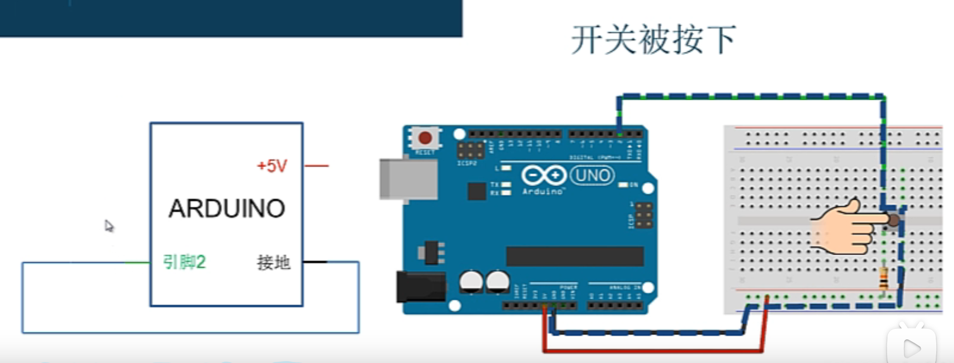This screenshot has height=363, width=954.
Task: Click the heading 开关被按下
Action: point(653,40)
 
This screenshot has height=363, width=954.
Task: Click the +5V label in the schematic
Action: point(272,166)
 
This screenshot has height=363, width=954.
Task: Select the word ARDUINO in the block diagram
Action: point(227,209)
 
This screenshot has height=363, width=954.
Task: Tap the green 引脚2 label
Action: point(184,262)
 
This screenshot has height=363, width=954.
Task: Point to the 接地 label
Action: point(273,262)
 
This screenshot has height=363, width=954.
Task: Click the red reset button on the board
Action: point(425,138)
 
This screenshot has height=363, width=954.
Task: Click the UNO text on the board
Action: point(592,175)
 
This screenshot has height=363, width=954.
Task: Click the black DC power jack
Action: point(420,287)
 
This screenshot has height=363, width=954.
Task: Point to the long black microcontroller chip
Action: point(575,257)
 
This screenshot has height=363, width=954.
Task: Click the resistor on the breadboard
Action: point(883,278)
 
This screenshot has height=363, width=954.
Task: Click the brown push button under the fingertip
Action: point(893,221)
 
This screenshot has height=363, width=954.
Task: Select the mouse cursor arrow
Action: point(109,226)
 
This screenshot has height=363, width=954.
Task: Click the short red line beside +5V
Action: point(316,166)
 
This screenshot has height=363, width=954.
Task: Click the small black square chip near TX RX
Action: point(476,191)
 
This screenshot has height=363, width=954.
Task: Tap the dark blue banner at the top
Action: point(231,18)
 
